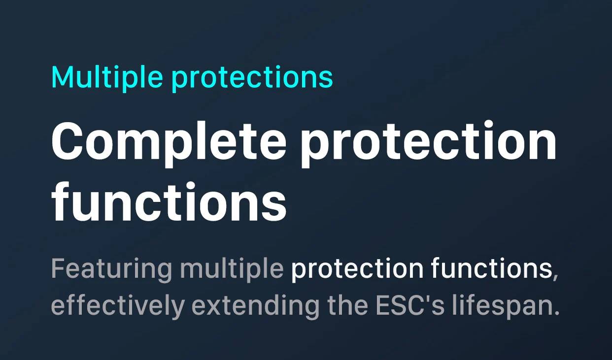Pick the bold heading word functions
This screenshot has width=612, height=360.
click(x=169, y=201)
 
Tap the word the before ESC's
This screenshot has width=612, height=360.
click(x=347, y=304)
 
